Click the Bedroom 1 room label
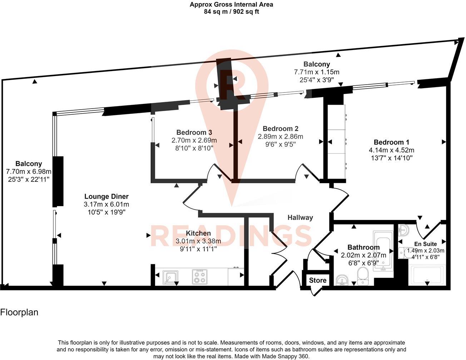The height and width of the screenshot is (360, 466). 391,142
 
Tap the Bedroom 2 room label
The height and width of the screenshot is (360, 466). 280,129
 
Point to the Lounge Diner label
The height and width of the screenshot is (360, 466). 106,196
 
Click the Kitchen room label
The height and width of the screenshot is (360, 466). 198,233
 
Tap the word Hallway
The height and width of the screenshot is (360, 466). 300,217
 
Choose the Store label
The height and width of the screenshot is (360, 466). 318,280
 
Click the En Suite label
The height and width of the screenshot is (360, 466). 425,244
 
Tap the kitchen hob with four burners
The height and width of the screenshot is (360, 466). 199,276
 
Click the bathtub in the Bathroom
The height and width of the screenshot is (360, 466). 383,251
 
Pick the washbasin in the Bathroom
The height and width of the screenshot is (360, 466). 343,280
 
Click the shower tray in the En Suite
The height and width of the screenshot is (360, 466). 427,275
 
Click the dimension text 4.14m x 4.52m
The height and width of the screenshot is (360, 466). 392,150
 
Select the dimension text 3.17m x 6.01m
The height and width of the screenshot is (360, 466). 106,205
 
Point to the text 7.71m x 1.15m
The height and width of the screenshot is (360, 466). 316,72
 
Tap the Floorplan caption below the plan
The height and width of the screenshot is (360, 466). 19,312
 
